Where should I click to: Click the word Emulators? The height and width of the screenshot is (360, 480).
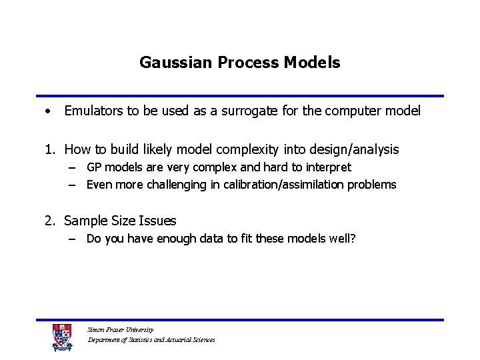click(x=93, y=111)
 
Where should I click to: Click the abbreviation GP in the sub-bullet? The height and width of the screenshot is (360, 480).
click(x=95, y=167)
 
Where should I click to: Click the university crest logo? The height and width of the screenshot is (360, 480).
click(x=62, y=338)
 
